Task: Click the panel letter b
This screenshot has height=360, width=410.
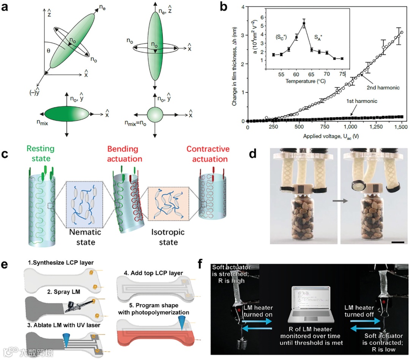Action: coord(224,6)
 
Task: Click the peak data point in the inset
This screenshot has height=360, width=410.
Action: coord(304,24)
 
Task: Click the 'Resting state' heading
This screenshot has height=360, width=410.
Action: coord(41,152)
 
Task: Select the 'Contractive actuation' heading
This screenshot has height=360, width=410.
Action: coord(208,152)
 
